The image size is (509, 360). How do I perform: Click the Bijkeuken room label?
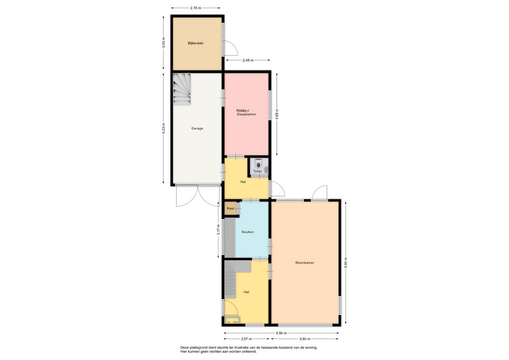196,43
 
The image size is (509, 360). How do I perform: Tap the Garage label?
197,128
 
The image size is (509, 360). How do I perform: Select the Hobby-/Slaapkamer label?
247,112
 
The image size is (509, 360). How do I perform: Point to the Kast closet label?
231,208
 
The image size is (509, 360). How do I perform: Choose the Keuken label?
248,232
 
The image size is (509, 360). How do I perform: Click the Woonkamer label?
304,262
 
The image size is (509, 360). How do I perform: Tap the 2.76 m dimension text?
196,8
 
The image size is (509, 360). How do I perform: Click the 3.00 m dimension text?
164,42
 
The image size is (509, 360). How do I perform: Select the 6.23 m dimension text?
164,128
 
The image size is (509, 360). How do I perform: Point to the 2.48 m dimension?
248,60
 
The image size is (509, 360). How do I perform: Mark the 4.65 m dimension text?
277,115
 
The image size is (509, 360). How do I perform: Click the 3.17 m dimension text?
218,229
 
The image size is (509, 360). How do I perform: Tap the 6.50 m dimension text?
282,333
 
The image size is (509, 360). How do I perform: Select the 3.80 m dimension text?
304,339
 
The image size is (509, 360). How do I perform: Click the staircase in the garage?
181,89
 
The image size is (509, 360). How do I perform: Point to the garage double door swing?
197,196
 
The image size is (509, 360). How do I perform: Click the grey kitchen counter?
230,238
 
